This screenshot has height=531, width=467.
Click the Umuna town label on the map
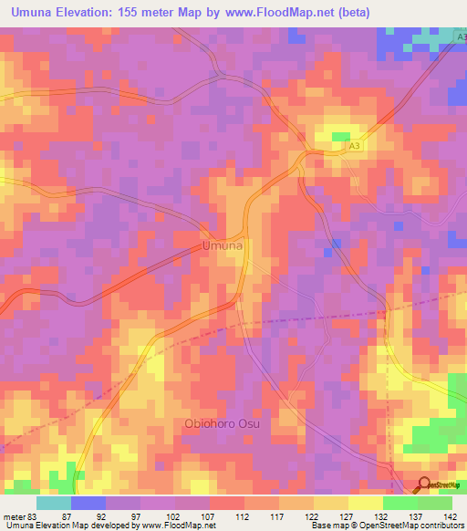[222, 246]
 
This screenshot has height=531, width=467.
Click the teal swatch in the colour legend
[54, 503]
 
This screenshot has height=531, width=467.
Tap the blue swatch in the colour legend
[88, 503]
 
